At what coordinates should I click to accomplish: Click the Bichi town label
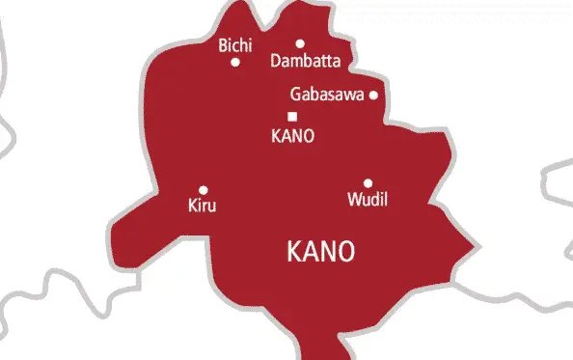pyautogui.click(x=236, y=45)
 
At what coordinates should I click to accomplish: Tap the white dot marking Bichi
pyautogui.click(x=235, y=62)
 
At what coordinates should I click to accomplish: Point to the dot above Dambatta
pyautogui.click(x=300, y=43)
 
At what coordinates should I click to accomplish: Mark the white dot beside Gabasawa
pyautogui.click(x=373, y=95)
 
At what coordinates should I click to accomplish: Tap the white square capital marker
pyautogui.click(x=292, y=117)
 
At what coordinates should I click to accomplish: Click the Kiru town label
pyautogui.click(x=202, y=206)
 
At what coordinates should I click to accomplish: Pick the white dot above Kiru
pyautogui.click(x=203, y=190)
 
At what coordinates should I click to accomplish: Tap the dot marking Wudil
pyautogui.click(x=368, y=183)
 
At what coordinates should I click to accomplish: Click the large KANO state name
pyautogui.click(x=321, y=252)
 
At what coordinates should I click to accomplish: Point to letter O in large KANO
pyautogui.click(x=345, y=252)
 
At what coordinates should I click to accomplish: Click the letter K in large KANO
pyautogui.click(x=295, y=252)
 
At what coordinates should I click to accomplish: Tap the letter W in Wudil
pyautogui.click(x=353, y=200)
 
